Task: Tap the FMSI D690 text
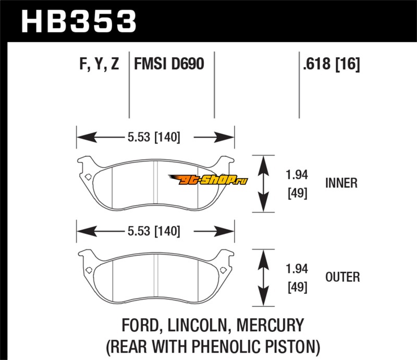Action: tap(169, 65)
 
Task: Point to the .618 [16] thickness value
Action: tap(330, 65)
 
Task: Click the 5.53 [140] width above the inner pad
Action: tap(153, 138)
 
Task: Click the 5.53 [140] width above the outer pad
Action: tap(153, 230)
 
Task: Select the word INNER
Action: tap(341, 183)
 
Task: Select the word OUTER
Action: tap(342, 276)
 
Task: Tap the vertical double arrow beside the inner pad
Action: tap(263, 183)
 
